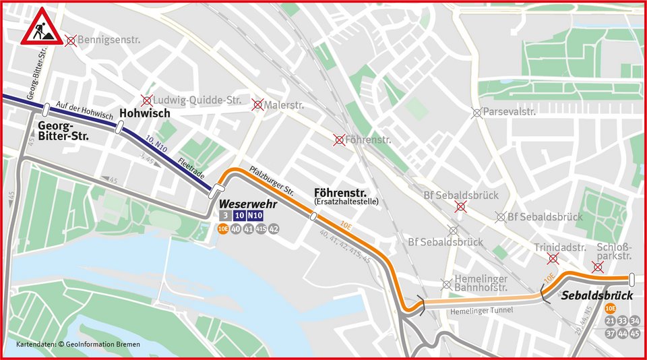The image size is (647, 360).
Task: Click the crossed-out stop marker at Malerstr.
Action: [257, 104]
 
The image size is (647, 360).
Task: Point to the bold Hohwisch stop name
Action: [144, 113]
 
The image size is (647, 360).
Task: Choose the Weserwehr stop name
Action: [243, 203]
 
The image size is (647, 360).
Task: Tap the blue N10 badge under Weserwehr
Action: [255, 216]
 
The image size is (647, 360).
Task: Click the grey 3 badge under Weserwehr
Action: [224, 216]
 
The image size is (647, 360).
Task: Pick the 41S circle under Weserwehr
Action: [261, 229]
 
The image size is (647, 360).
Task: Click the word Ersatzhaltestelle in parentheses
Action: [347, 202]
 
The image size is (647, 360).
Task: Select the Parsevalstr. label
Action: [510, 112]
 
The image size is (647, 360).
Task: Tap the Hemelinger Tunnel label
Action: [477, 310]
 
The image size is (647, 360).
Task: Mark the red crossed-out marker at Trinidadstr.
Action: [553, 259]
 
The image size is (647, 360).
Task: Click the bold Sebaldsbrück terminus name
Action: [598, 296]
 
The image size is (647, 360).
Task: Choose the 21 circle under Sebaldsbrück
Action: [610, 321]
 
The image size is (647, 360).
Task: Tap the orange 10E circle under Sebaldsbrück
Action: [611, 308]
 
